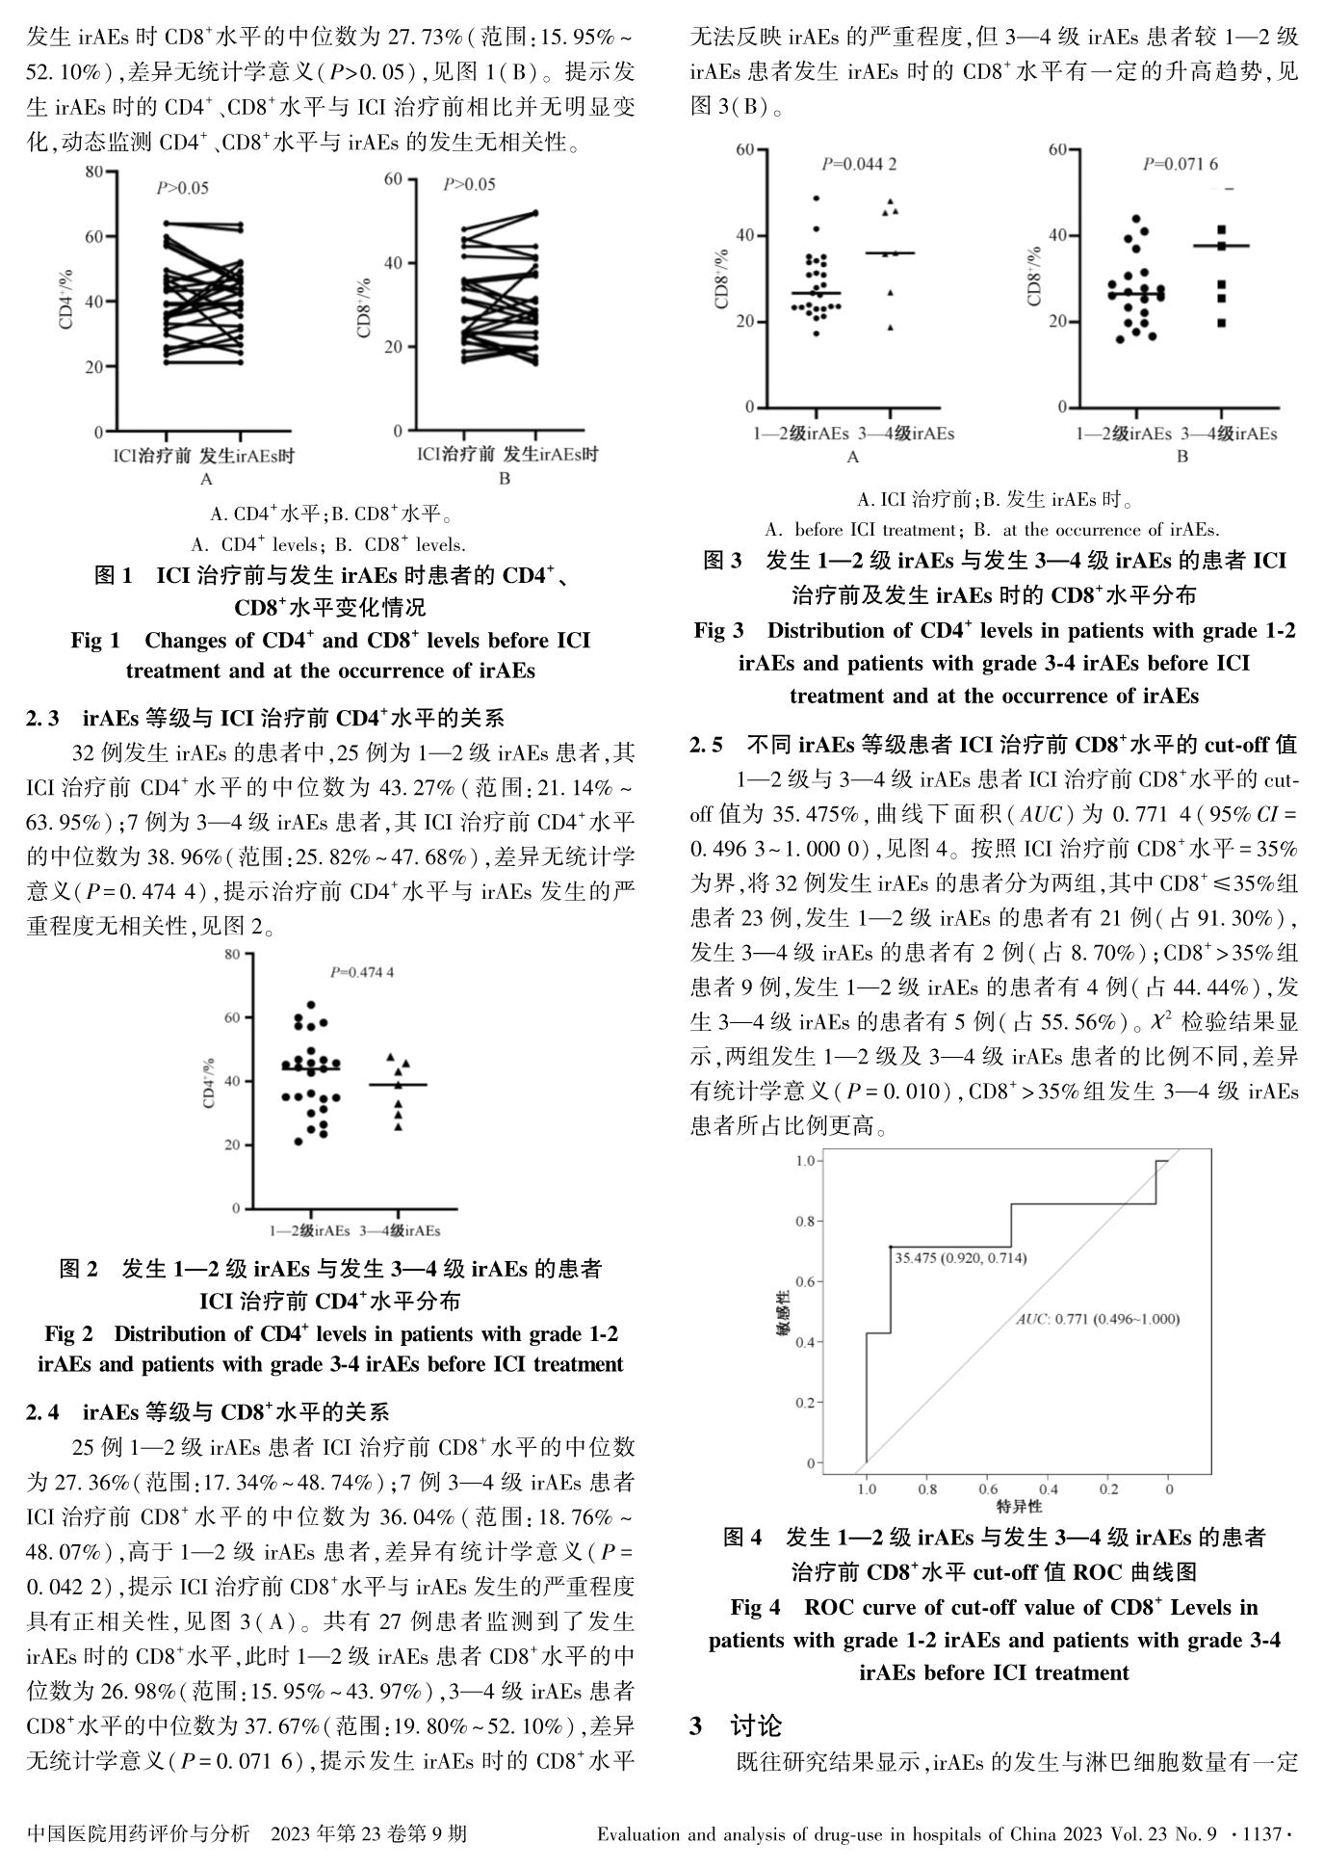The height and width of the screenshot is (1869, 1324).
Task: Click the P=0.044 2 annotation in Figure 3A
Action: [859, 164]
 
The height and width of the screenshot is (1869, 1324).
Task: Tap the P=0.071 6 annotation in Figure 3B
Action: [1180, 164]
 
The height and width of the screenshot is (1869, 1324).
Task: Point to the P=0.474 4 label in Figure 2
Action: [362, 972]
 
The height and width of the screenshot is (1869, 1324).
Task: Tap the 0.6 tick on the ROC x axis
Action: [988, 1488]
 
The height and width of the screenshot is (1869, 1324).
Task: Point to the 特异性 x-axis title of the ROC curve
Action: [1019, 1505]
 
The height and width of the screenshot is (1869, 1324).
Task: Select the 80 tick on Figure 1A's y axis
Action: [93, 171]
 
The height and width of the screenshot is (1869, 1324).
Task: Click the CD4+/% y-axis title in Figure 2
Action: [209, 1082]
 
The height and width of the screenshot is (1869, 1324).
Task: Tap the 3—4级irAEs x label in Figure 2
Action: [400, 1230]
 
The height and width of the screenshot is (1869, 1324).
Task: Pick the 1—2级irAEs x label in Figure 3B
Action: [1124, 434]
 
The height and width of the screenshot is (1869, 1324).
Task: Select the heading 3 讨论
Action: [736, 1725]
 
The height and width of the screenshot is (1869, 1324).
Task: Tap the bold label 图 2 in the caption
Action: [79, 1269]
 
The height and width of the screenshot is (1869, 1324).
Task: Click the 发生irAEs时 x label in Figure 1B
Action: [551, 454]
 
